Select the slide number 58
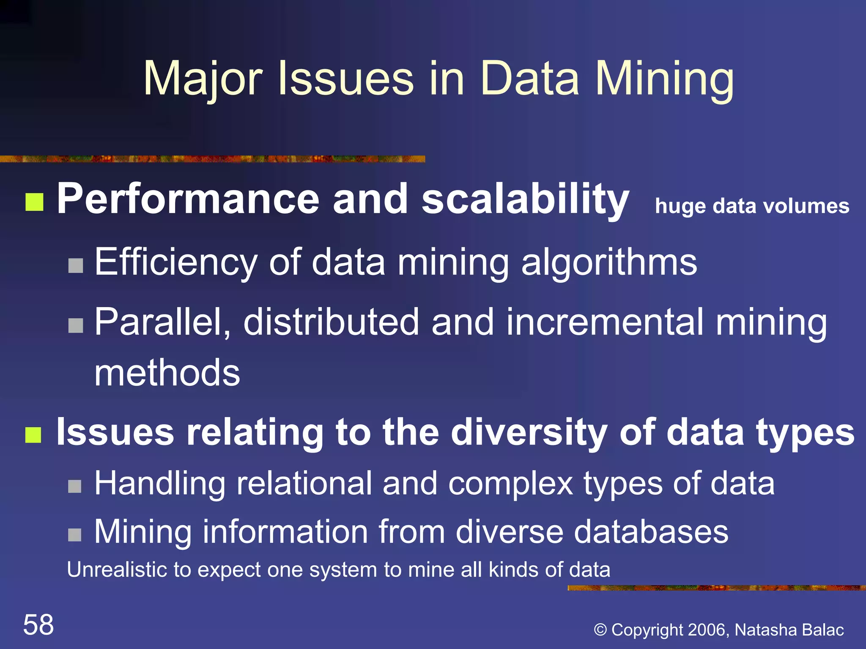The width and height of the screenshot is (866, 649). tap(38, 624)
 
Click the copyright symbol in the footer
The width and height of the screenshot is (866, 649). tap(600, 630)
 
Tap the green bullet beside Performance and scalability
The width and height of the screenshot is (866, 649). tap(34, 202)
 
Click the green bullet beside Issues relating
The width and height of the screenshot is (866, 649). tap(33, 435)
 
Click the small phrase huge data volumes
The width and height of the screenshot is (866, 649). tap(752, 206)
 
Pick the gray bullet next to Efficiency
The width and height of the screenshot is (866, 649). tap(76, 266)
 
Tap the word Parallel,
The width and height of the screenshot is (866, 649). tap(162, 322)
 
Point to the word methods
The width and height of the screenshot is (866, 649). tap(167, 373)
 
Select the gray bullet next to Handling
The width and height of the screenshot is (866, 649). tap(75, 486)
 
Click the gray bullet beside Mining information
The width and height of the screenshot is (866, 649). tap(75, 534)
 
